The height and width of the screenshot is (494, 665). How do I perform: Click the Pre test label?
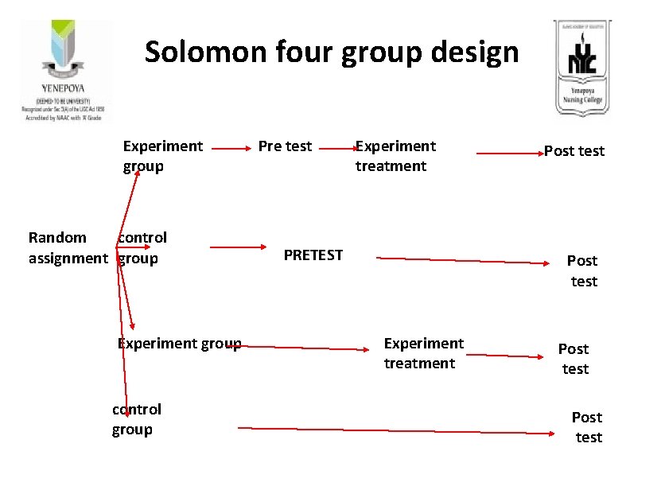285,146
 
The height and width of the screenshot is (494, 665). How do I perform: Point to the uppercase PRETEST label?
313,255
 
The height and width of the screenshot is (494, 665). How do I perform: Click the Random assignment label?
67,247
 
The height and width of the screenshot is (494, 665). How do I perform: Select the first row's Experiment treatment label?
395,156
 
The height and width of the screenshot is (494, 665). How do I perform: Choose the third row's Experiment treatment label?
423,352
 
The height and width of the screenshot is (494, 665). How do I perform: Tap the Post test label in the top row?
574,151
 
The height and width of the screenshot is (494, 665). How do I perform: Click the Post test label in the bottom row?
588,427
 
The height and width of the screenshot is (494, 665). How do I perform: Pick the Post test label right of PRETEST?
582,270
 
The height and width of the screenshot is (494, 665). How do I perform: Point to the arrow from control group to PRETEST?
240,247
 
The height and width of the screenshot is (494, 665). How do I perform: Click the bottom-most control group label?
136,419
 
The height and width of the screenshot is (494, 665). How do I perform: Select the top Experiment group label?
162,156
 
